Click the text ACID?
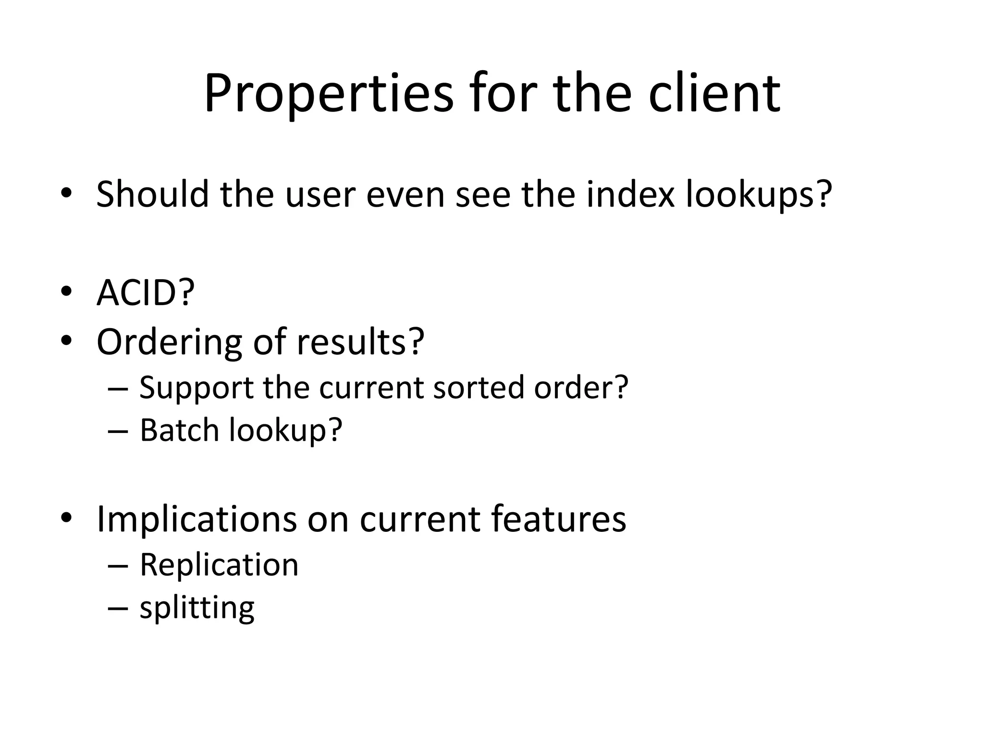pos(146,293)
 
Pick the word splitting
pos(197,608)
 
